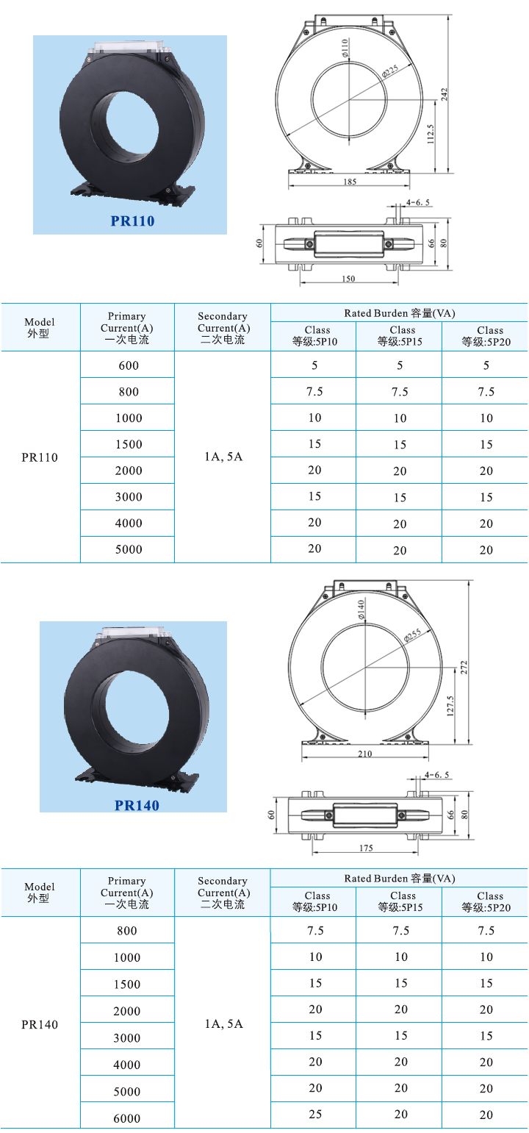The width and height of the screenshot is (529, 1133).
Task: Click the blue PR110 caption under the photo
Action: point(132,221)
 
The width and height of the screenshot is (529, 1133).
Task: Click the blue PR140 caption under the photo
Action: point(137,805)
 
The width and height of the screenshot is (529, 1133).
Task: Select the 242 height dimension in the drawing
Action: point(444,93)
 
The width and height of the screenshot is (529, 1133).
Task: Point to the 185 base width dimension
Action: point(350,182)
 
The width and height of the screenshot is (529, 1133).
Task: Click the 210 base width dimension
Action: point(364,754)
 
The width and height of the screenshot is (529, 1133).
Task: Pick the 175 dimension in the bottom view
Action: point(366,848)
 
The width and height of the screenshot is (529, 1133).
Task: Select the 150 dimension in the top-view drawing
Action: point(348,279)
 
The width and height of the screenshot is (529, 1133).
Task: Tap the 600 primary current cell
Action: point(128,365)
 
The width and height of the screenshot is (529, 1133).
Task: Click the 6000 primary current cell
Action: point(127,1118)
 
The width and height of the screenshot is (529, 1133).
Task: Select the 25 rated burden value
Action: point(315,1115)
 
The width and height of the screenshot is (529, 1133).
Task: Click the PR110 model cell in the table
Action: point(40,457)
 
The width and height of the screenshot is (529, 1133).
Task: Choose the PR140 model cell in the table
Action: point(40,1024)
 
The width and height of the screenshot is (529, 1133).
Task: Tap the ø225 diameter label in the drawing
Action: point(390,71)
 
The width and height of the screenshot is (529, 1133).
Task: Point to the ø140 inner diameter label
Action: point(361,610)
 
